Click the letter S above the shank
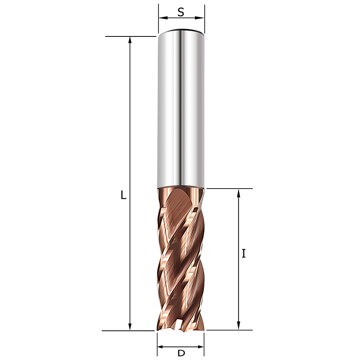[180, 12]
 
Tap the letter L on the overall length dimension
[123, 195]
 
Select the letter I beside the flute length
[243, 253]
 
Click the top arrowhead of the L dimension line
[130, 40]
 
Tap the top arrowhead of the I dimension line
[239, 193]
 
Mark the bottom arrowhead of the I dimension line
[239, 326]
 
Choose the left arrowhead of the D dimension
[161, 347]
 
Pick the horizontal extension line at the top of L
[130, 36]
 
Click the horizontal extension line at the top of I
[229, 189]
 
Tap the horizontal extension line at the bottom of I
[229, 330]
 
